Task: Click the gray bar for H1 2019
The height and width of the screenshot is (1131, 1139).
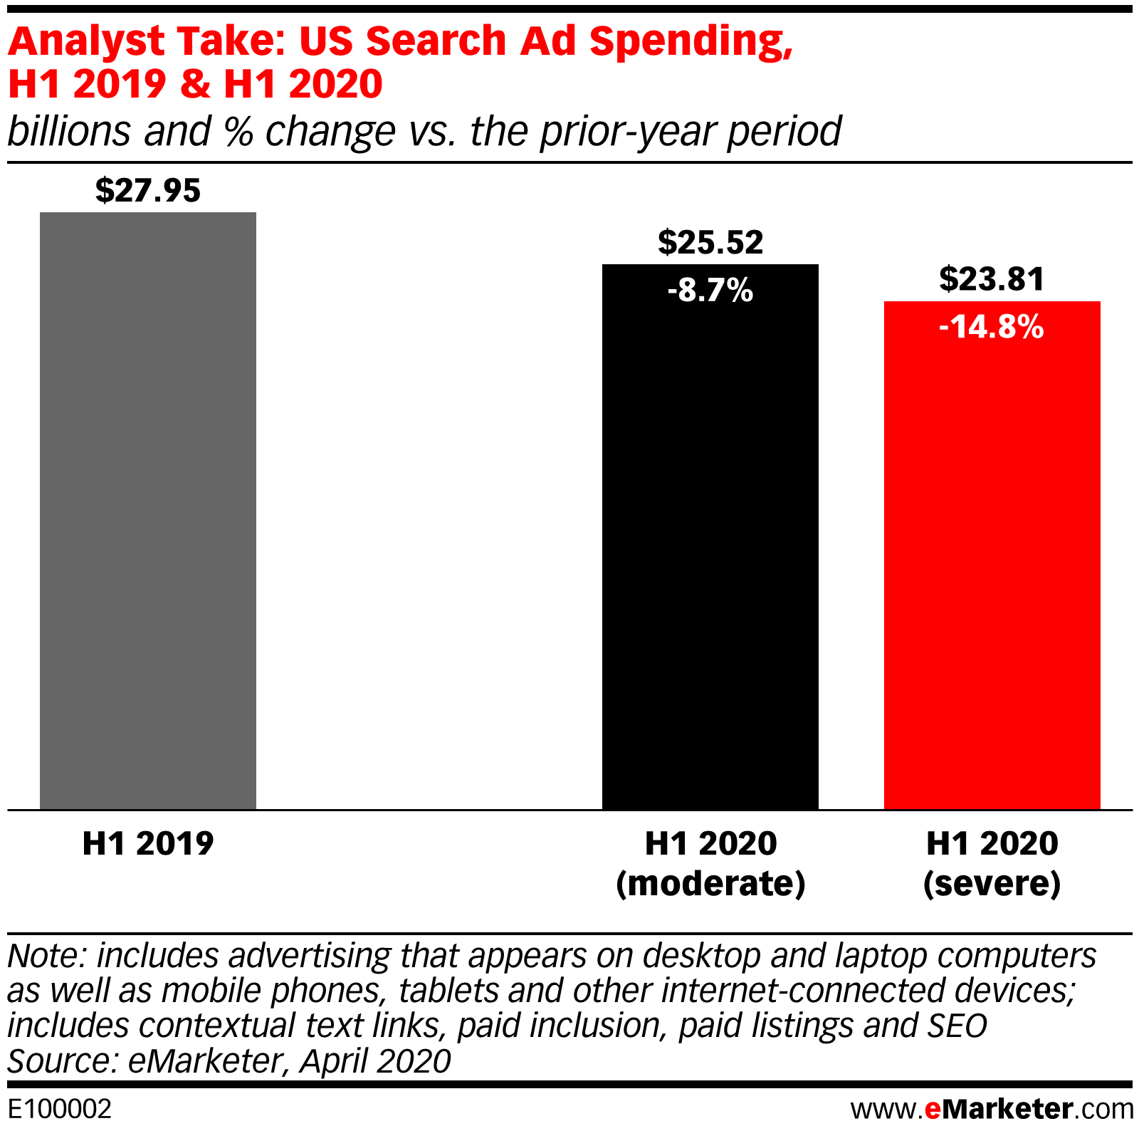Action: tap(148, 510)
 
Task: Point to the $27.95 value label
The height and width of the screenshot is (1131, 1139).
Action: tap(148, 190)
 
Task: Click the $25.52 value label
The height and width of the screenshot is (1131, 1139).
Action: tap(710, 242)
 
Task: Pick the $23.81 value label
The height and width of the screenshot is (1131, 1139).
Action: tap(992, 279)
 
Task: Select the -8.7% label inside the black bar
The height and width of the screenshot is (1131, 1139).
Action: tap(710, 291)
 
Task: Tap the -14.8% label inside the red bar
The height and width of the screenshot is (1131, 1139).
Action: tap(992, 327)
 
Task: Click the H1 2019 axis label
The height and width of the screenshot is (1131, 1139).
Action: tap(148, 843)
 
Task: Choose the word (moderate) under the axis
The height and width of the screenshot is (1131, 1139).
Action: tap(710, 884)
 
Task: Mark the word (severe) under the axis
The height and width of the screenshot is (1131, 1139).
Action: tap(992, 884)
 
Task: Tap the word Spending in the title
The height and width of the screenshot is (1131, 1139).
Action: tap(690, 41)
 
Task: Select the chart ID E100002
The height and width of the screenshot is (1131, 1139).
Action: tap(60, 1109)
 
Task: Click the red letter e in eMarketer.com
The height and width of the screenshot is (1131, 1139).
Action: tap(933, 1110)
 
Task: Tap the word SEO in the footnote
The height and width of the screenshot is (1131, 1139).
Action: tap(957, 1026)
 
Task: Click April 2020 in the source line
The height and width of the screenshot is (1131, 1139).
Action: tap(375, 1061)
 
